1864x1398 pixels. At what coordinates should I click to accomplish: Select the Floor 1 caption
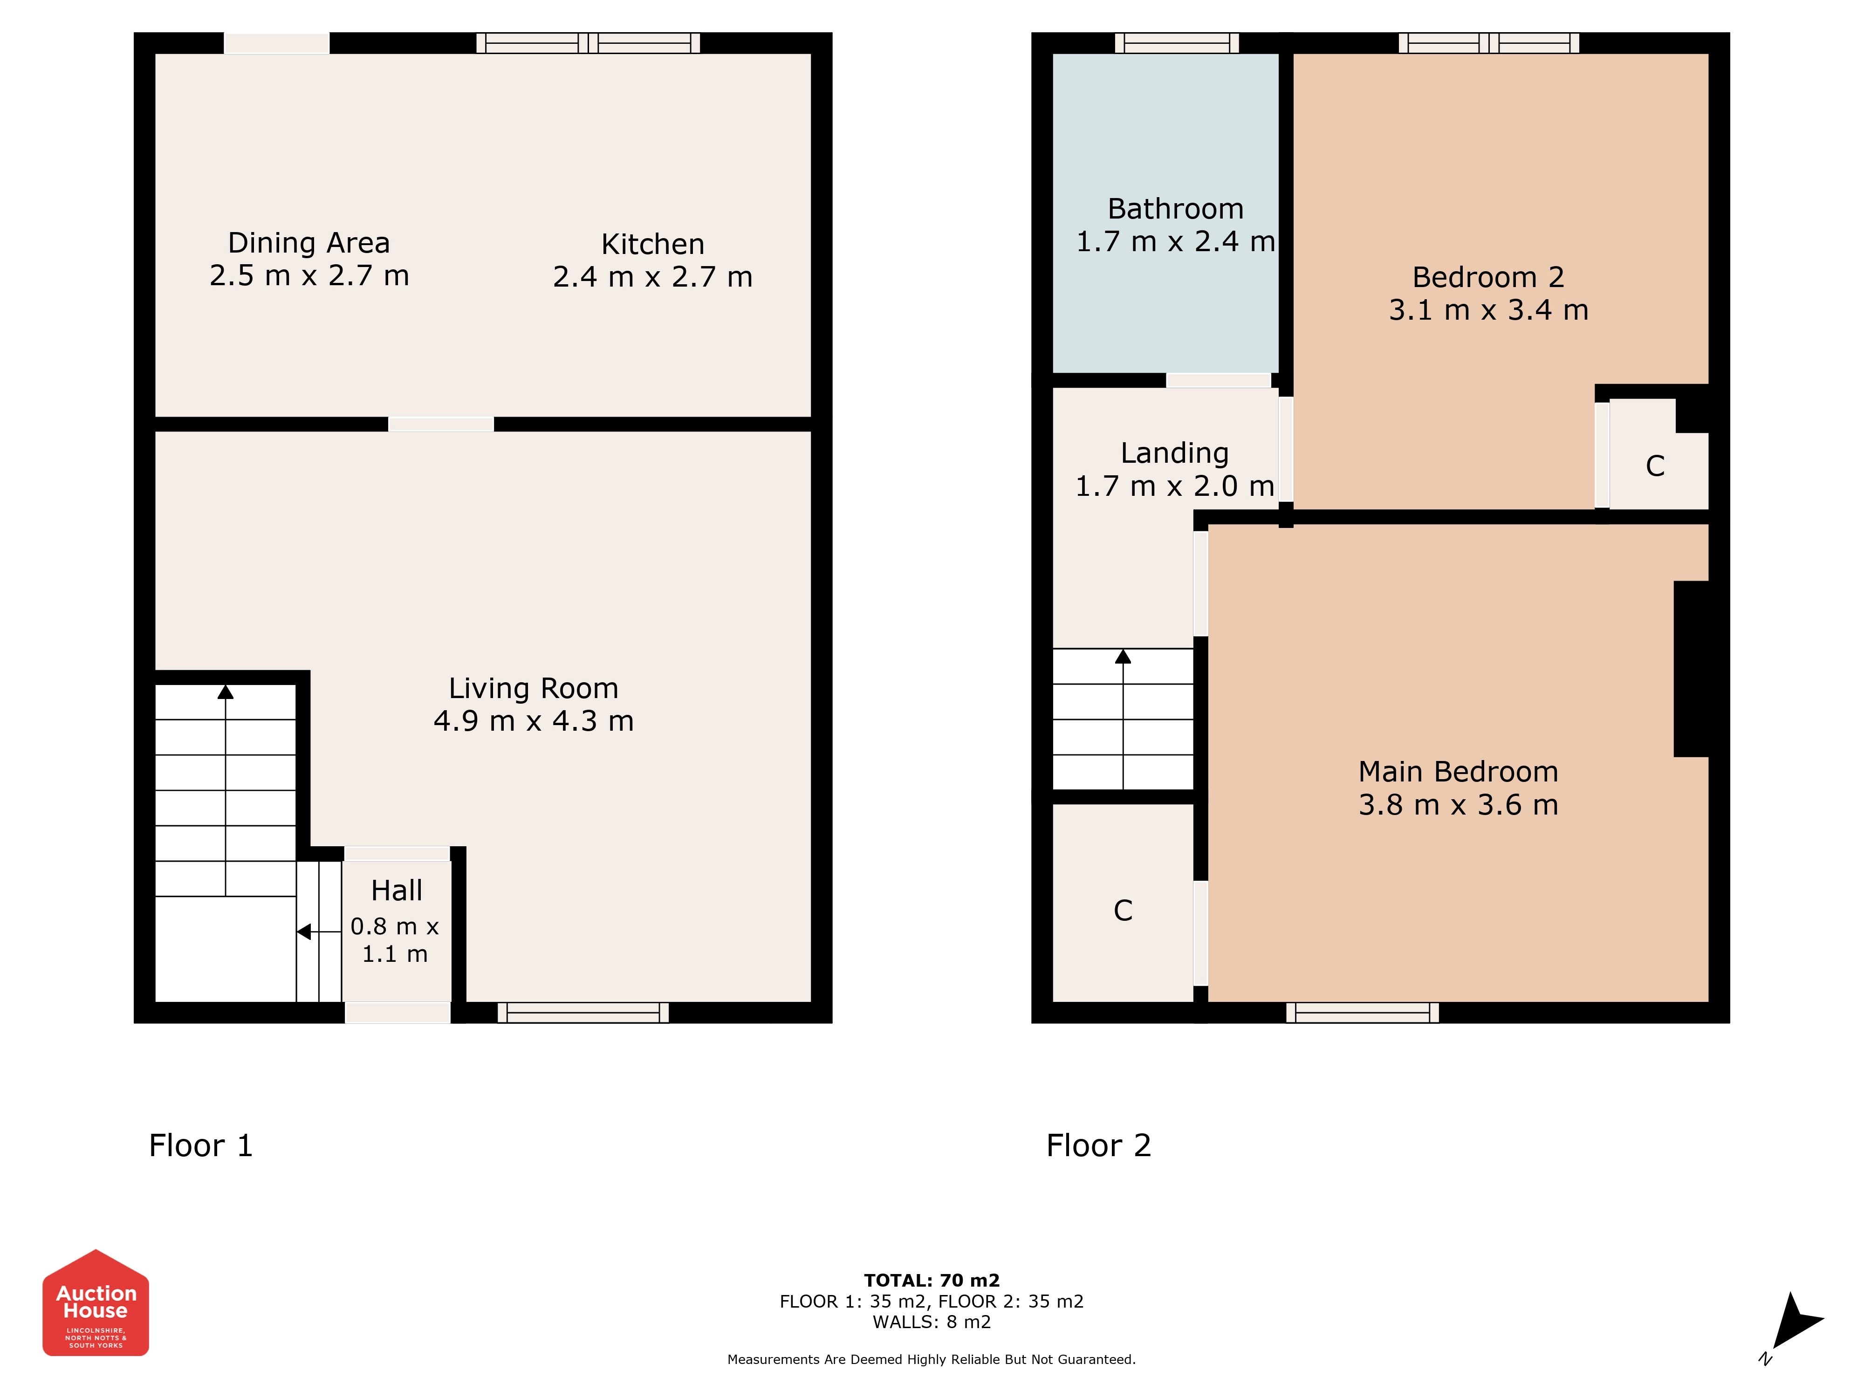click(x=200, y=1146)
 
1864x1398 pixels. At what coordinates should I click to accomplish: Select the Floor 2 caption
click(x=1098, y=1146)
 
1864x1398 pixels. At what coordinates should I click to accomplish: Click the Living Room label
click(x=534, y=688)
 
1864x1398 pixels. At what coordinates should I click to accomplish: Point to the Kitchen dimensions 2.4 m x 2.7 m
click(x=652, y=277)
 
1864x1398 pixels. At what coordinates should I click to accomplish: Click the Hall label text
click(x=396, y=891)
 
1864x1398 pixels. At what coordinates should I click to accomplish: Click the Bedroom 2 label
click(x=1488, y=277)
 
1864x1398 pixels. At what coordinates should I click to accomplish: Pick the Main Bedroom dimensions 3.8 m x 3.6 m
click(x=1458, y=805)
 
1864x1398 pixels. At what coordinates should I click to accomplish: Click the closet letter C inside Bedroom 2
click(x=1655, y=466)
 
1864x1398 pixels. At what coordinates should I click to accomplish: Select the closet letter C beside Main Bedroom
click(x=1123, y=910)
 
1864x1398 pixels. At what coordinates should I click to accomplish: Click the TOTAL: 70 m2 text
click(x=932, y=1281)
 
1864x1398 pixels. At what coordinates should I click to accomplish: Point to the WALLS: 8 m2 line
click(x=932, y=1322)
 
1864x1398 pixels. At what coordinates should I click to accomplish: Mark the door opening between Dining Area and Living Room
click(x=441, y=424)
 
